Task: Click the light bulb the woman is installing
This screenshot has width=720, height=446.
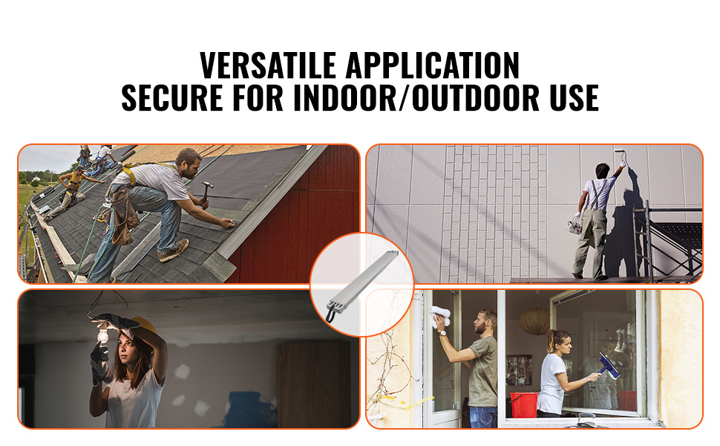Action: tap(98, 337)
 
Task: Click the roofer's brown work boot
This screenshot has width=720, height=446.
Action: tap(173, 251)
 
